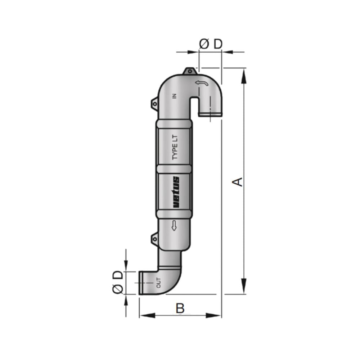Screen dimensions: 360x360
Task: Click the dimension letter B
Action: pyautogui.click(x=180, y=308)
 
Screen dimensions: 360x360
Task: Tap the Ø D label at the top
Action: pyautogui.click(x=211, y=44)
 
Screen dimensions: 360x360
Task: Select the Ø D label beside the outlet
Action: pyautogui.click(x=118, y=282)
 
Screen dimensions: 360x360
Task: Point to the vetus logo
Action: pyautogui.click(x=176, y=192)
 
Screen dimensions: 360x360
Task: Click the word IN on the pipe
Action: pyautogui.click(x=175, y=96)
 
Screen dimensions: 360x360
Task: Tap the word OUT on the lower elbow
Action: pyautogui.click(x=159, y=283)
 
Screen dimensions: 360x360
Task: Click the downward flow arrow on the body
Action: pyautogui.click(x=174, y=226)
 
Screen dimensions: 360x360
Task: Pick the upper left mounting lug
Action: pyautogui.click(x=154, y=103)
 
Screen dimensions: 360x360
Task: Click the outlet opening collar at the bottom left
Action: pyautogui.click(x=141, y=283)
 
